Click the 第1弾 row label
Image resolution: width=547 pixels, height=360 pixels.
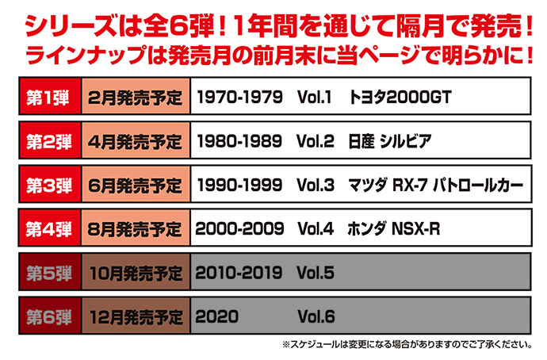click(50, 98)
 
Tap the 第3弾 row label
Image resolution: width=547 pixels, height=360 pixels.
click(50, 186)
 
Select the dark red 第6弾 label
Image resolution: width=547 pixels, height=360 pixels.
click(50, 316)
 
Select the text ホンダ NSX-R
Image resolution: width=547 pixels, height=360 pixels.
click(394, 229)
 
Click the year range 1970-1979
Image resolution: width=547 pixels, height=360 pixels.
click(239, 98)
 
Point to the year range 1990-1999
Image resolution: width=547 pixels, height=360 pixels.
click(239, 186)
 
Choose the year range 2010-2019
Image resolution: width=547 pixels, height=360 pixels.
click(239, 273)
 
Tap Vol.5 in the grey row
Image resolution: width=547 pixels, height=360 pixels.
click(316, 273)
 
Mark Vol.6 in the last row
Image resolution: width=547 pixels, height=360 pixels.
click(316, 316)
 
